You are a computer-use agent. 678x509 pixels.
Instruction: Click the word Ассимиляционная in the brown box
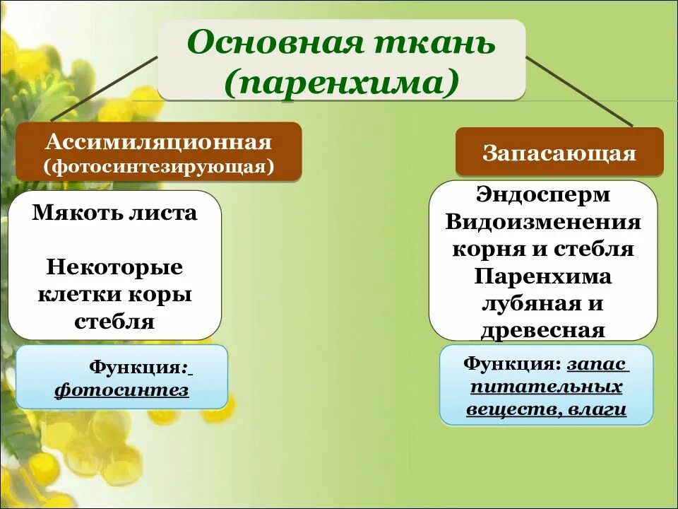(x=159, y=142)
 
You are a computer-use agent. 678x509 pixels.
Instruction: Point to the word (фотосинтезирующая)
(x=159, y=168)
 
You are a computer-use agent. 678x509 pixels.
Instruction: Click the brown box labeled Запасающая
(x=559, y=152)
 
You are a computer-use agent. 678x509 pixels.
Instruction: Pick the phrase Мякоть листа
(x=115, y=213)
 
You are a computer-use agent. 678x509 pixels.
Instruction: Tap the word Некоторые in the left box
(x=115, y=267)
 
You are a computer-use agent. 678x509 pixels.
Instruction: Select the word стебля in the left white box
(x=114, y=322)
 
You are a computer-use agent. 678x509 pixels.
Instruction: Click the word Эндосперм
(x=543, y=194)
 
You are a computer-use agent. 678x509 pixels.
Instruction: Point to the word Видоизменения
(x=543, y=222)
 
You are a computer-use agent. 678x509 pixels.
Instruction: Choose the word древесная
(x=543, y=330)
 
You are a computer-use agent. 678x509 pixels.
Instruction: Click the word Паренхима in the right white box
(x=543, y=276)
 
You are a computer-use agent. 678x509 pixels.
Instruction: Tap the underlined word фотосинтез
(x=122, y=390)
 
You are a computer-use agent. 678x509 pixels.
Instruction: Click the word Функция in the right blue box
(x=511, y=364)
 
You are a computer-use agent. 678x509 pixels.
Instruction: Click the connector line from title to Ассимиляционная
(x=106, y=89)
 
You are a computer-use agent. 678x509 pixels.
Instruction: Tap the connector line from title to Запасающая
(x=579, y=92)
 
